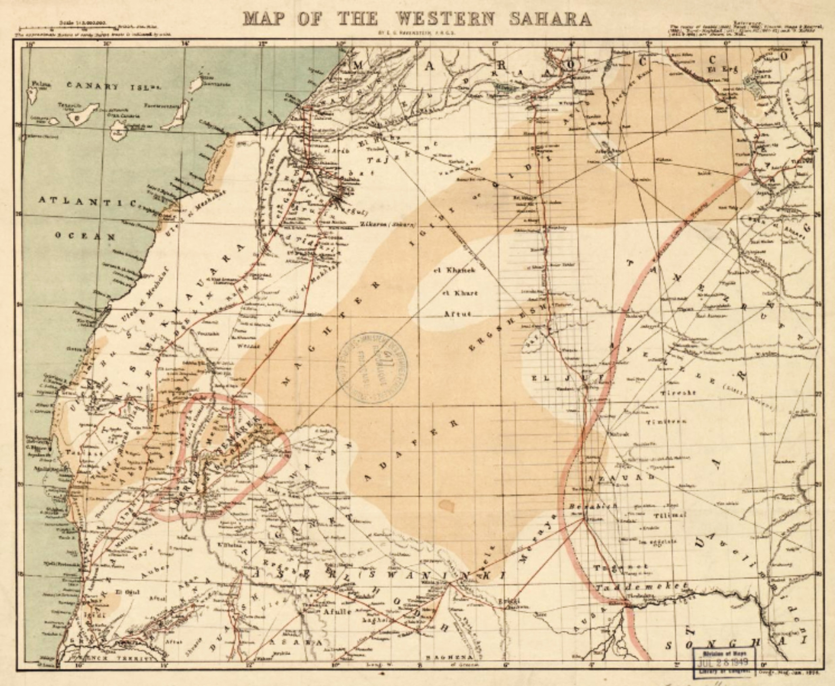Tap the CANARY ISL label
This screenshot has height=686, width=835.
(112, 86)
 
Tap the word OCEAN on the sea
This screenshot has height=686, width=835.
(85, 236)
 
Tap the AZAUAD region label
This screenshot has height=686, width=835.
(620, 477)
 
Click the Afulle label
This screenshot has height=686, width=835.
(338, 611)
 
